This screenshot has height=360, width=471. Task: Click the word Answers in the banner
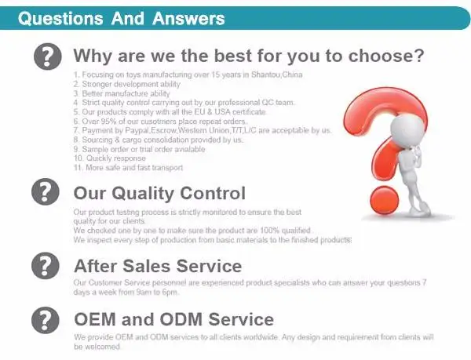pos(188,19)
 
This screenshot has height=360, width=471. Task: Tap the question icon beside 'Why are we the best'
pos(47,56)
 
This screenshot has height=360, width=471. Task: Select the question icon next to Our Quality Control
pos(46,191)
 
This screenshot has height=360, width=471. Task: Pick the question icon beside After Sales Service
pos(46,266)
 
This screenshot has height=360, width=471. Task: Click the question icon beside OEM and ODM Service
pos(46,320)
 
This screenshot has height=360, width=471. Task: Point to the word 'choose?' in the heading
pos(386,56)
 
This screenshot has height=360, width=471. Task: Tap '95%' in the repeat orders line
pos(108,122)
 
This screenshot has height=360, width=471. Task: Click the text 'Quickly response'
pos(116,158)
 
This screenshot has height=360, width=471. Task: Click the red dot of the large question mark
pos(384,200)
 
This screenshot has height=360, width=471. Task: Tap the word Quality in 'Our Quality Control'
pos(143,193)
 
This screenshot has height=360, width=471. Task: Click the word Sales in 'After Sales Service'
pos(148,266)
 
